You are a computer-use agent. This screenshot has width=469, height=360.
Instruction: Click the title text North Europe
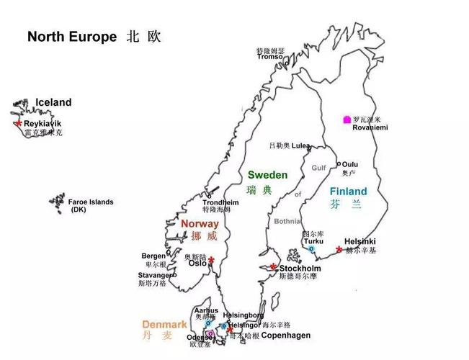(71, 37)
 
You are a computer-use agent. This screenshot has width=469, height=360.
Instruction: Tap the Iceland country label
(53, 102)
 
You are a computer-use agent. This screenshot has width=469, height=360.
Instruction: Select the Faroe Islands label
(91, 202)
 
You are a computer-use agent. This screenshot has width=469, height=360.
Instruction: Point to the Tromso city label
(270, 57)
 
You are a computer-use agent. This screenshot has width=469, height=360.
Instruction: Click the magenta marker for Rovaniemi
(347, 120)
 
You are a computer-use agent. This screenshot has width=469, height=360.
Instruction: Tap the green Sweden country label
(267, 175)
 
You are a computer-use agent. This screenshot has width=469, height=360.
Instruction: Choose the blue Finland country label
(348, 192)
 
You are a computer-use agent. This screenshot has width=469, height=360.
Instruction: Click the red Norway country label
(200, 224)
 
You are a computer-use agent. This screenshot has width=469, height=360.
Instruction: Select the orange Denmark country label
(164, 325)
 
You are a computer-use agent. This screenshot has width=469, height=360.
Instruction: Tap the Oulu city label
(350, 164)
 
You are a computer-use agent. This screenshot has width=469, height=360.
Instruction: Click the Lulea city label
(300, 145)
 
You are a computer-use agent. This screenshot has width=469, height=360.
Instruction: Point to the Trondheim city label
(220, 202)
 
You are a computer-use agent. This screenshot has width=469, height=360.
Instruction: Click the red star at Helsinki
(339, 249)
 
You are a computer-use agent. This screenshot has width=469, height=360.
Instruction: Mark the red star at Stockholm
(274, 268)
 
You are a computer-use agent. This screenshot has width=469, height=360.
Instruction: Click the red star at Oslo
(212, 261)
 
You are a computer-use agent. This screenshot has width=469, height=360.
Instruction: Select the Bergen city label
(153, 256)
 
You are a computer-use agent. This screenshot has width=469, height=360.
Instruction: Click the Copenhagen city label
(286, 336)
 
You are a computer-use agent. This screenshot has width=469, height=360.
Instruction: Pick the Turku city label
(313, 241)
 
